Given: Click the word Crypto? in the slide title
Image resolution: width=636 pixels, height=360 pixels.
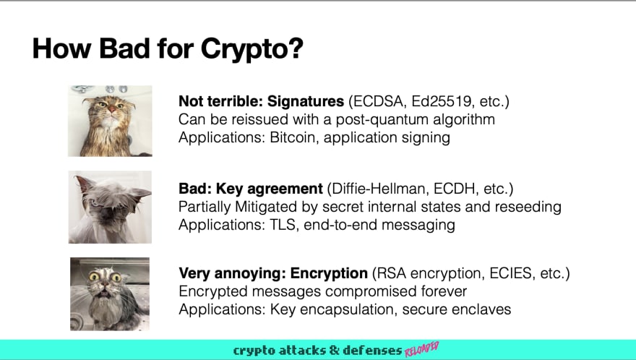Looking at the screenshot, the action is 252,49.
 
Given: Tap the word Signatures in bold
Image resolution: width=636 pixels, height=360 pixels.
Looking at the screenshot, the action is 306,101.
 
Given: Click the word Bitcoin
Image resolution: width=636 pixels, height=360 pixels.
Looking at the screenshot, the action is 292,137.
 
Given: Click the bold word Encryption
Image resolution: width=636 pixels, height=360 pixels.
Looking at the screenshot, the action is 329,273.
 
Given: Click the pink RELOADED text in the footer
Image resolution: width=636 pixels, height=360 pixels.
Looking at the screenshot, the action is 421,349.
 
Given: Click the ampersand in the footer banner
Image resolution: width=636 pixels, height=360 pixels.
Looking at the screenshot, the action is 334,350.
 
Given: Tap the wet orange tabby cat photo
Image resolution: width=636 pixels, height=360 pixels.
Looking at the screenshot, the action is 110,121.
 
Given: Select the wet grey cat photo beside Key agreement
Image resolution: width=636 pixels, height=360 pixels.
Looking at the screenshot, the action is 110,207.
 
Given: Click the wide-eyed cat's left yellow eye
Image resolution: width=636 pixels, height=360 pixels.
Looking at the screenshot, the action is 95,277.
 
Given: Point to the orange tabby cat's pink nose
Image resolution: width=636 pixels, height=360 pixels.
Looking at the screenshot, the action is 112,109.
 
